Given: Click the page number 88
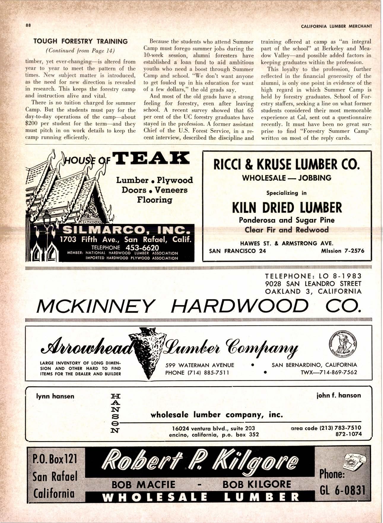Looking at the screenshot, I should click(x=28, y=25).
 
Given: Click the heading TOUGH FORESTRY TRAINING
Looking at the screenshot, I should click(x=80, y=42).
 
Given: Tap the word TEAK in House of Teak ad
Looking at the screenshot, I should click(x=151, y=158).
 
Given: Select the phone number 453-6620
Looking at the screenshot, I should click(x=142, y=248).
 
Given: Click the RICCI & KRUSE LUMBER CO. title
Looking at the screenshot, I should click(x=287, y=164).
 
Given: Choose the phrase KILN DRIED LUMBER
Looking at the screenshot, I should click(x=287, y=208).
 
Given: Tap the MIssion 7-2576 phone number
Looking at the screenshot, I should click(x=343, y=251).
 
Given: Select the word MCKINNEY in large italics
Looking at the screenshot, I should click(x=96, y=306).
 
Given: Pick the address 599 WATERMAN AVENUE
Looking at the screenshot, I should click(x=200, y=365).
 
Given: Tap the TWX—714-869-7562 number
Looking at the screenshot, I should click(x=329, y=372).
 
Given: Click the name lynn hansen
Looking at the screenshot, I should click(x=55, y=396).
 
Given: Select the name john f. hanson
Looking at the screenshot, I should click(x=339, y=395).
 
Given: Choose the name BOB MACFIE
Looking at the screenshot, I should click(x=144, y=485).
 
